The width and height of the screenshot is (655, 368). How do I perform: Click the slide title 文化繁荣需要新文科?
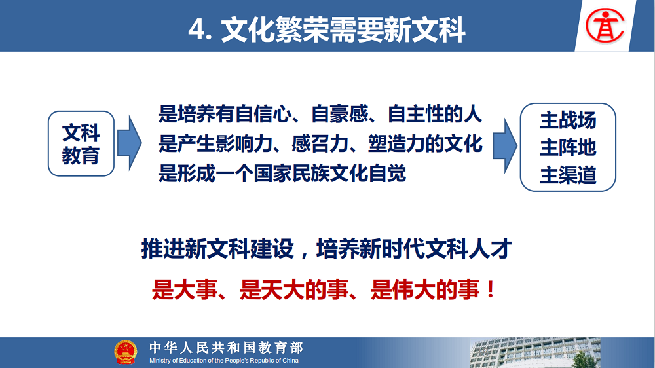[x=343, y=30]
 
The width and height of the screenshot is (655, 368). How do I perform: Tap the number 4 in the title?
[x=196, y=30]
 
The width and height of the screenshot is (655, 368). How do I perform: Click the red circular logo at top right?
[x=605, y=26]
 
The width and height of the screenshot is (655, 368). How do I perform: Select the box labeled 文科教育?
[x=81, y=143]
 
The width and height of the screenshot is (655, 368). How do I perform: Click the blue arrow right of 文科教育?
[x=129, y=143]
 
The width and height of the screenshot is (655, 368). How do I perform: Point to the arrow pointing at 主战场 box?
[x=504, y=146]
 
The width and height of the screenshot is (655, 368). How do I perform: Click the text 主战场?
[x=568, y=120]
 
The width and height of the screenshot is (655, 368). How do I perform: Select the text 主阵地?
[x=568, y=147]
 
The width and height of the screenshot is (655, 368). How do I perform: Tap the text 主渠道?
[x=568, y=175]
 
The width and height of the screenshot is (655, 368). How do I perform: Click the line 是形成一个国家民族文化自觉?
[x=282, y=174]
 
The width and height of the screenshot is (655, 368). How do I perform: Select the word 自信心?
[x=263, y=114]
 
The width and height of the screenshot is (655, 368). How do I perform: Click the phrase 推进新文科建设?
[x=217, y=249]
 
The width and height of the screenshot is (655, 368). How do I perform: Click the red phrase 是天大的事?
[x=294, y=289]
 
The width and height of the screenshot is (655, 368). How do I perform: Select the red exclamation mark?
[x=491, y=289]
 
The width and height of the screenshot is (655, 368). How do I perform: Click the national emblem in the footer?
[x=125, y=352]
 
